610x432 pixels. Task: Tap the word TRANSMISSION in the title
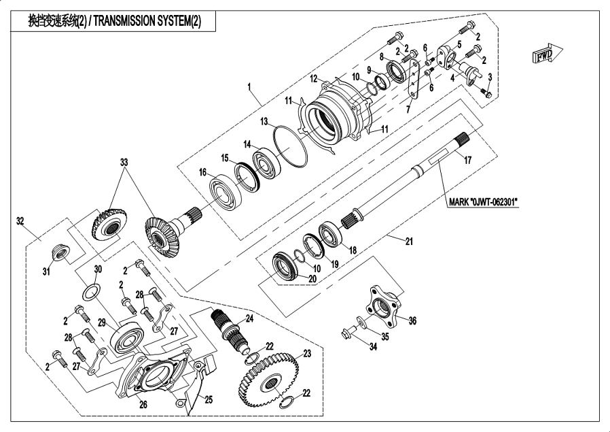pyautogui.click(x=124, y=21)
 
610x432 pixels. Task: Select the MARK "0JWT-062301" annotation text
pyautogui.click(x=483, y=202)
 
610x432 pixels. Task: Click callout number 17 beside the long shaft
pyautogui.click(x=467, y=160)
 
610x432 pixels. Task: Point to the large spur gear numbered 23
pyautogui.click(x=270, y=379)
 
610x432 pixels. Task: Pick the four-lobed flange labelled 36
pyautogui.click(x=383, y=306)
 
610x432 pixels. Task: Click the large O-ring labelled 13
pyautogui.click(x=290, y=146)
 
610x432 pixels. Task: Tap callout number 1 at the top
pyautogui.click(x=249, y=86)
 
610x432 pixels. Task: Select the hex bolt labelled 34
pyautogui.click(x=349, y=333)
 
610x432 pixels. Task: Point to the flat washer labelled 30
pyautogui.click(x=92, y=292)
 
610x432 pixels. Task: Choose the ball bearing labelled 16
pyautogui.click(x=226, y=192)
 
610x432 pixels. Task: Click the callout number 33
pyautogui.click(x=124, y=162)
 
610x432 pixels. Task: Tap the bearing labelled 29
pyautogui.click(x=127, y=337)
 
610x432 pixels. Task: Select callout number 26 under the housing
pyautogui.click(x=143, y=405)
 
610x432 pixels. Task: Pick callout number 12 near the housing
pyautogui.click(x=314, y=79)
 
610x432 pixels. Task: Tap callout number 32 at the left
pyautogui.click(x=20, y=221)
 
